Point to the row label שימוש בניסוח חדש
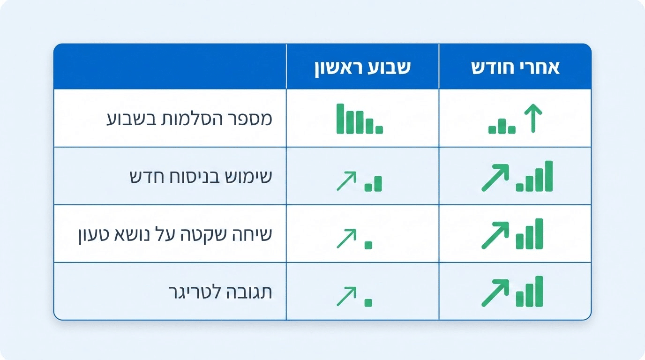point(201,176)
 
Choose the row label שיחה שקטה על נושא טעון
point(174,234)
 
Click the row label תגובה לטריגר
point(220,292)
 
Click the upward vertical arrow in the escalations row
point(532,118)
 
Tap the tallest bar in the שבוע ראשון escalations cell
point(340,119)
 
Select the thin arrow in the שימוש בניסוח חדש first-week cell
point(346,181)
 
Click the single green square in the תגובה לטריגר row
point(368,303)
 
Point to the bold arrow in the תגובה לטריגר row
point(495,293)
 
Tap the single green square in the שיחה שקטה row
point(368,245)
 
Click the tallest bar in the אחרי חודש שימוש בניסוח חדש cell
point(548,176)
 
